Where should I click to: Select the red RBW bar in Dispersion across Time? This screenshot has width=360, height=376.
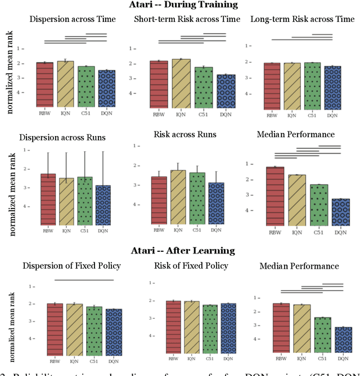45,84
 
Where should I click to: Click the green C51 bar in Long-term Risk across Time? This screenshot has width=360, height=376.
312,85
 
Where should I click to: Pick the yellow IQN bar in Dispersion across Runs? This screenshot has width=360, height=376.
66,201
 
